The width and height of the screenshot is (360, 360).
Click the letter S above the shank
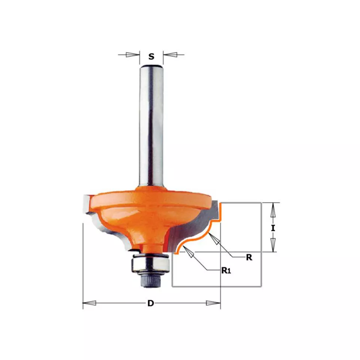[151, 57]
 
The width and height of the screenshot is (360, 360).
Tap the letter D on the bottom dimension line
[150, 303]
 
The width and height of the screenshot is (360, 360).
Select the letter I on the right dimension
[273, 228]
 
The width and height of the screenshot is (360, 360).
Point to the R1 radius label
[226, 271]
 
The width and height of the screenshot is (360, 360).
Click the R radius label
[249, 257]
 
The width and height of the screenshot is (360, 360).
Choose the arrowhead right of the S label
[170, 55]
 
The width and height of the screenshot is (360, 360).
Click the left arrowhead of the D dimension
[89, 303]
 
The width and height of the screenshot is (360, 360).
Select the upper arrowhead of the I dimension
[273, 210]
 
